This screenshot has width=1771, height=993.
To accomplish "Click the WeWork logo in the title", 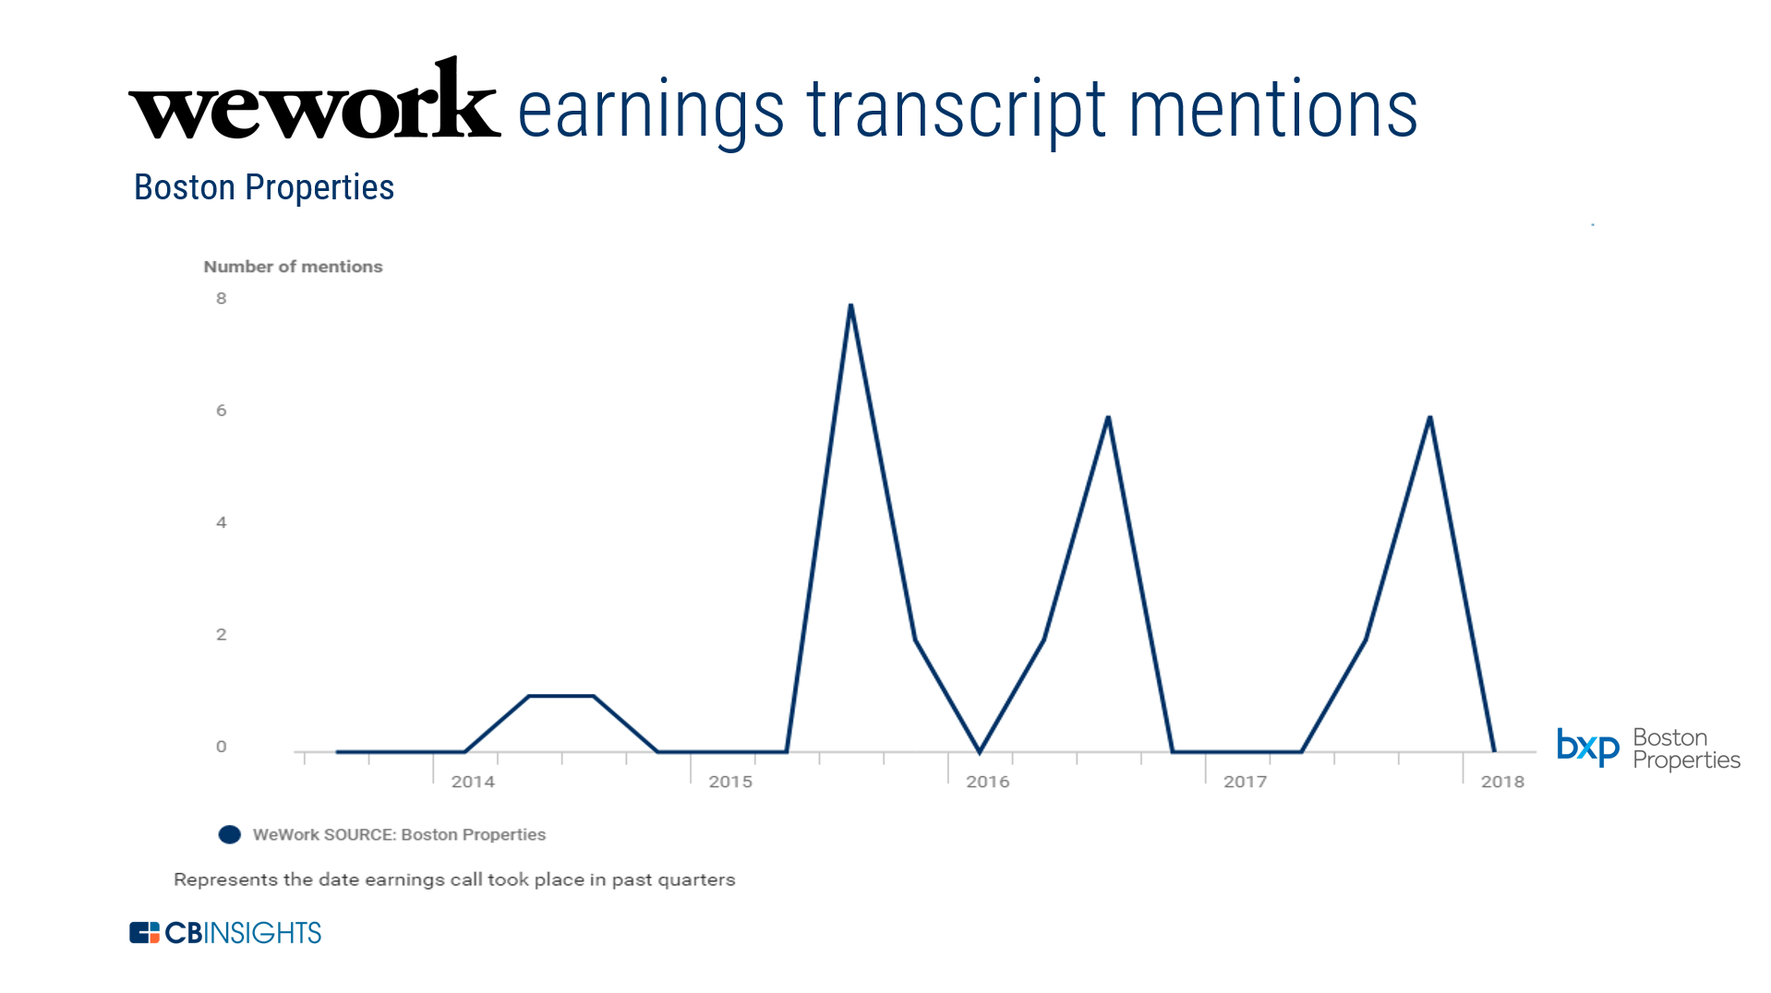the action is pos(314,99).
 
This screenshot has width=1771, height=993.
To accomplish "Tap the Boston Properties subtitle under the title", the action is pos(264,187).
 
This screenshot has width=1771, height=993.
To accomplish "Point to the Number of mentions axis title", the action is pos(293,267).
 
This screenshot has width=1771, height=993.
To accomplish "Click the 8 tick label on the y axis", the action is pos(222,298).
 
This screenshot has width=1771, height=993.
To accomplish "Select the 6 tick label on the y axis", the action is pos(222,411).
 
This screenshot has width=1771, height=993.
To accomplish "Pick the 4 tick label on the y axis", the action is pos(222,522).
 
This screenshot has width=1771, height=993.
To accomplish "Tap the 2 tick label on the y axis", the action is pos(222,634).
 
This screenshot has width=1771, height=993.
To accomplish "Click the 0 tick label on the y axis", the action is pos(222,747).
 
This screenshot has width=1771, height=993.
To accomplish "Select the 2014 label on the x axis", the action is pos(473,782).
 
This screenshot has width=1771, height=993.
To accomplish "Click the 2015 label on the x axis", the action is pos(730,782).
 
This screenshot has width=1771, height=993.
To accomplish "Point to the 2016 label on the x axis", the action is pos(988,782).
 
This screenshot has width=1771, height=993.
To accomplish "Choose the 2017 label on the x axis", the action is pos(1246,782).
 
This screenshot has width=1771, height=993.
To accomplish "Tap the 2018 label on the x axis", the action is pos(1502,782).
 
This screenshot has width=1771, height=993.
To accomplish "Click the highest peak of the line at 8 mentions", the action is pos(850,305).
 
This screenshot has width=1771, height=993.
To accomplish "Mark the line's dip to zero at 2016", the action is pos(980,751).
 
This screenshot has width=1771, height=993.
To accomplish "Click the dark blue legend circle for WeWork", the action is pos(230,834).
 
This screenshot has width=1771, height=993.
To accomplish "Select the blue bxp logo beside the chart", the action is pos(1588,747).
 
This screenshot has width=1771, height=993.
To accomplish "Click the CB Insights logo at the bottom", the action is pos(225,933).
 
